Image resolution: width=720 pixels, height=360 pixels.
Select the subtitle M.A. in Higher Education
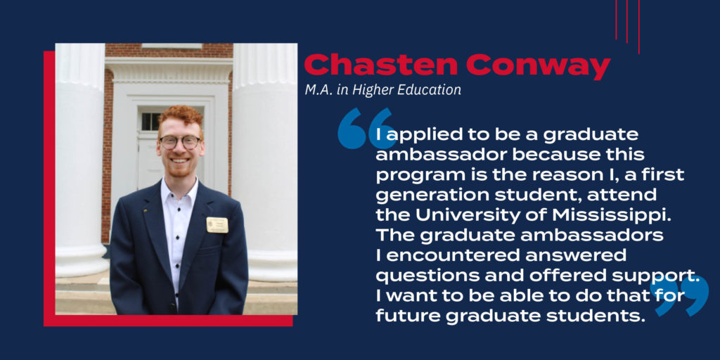point(383,90)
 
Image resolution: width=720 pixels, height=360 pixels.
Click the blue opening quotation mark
point(367,128)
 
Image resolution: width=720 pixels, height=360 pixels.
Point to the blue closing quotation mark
point(680,296)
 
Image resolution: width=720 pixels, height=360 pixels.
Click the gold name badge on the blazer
point(217,224)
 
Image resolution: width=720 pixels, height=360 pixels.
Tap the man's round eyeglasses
point(179,142)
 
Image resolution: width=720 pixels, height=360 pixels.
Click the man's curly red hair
point(181,117)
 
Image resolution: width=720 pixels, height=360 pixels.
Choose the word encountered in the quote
point(467,255)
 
